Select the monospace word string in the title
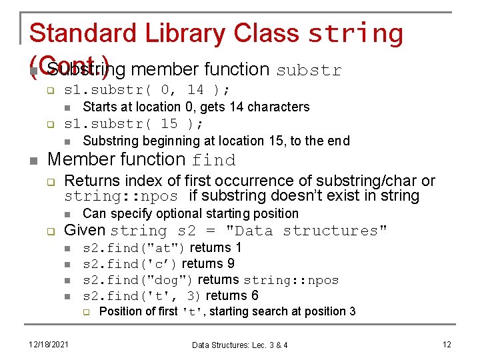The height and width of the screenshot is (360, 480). [355, 33]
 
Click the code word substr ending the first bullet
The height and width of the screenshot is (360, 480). [308, 70]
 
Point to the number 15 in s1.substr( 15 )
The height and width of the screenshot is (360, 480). [169, 124]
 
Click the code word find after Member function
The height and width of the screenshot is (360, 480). [213, 161]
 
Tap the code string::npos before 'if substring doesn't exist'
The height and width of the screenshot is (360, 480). [121, 197]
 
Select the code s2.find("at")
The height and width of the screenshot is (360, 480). [134, 248]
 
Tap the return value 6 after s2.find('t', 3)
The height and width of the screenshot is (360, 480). [255, 296]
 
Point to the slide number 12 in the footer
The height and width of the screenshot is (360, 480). [447, 344]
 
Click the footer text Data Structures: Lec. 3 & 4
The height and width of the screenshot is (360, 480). [240, 345]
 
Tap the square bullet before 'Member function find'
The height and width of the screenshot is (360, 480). [33, 160]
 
